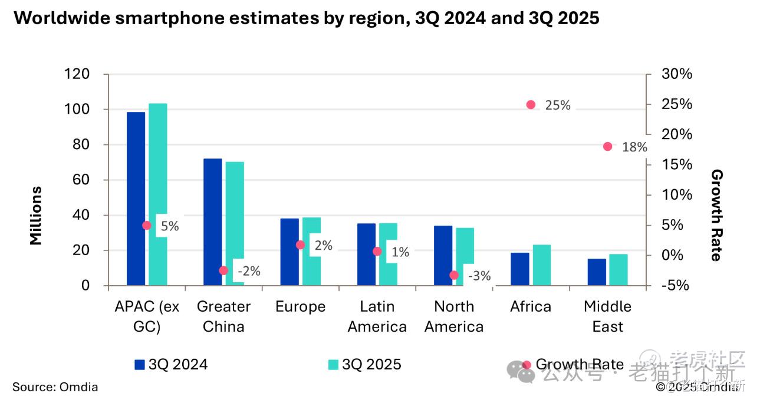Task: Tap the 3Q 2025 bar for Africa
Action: click(x=541, y=265)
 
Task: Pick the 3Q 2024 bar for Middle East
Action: click(x=597, y=272)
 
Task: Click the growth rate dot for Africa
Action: click(x=531, y=105)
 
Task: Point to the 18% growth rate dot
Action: click(x=607, y=146)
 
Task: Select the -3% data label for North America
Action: click(x=479, y=275)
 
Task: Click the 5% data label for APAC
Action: click(x=169, y=226)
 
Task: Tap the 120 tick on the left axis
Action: click(x=77, y=74)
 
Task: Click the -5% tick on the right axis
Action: click(x=676, y=286)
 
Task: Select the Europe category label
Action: click(x=300, y=307)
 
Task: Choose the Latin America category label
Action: click(x=377, y=316)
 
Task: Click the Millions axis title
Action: click(x=36, y=215)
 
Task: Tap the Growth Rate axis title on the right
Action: click(x=716, y=215)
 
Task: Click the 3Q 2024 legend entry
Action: click(x=172, y=365)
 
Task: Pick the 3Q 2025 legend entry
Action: click(x=364, y=365)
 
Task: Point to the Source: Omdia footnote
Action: click(x=55, y=387)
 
